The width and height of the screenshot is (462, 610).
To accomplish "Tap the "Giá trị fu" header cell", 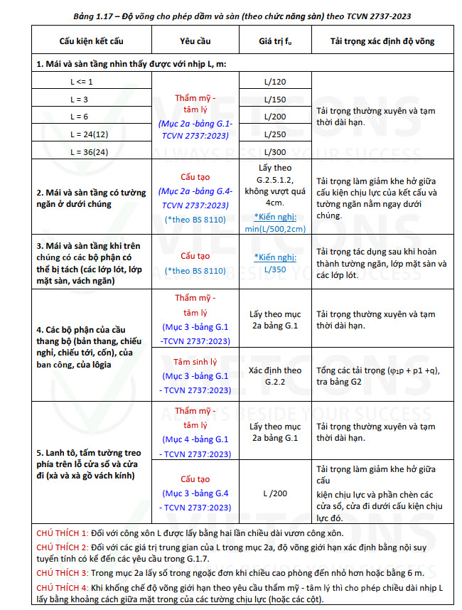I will click(274, 42).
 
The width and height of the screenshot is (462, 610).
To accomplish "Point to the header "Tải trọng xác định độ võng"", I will click(382, 42).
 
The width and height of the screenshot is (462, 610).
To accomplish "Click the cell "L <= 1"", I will click(80, 82).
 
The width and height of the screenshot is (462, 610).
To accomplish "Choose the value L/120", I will click(274, 82).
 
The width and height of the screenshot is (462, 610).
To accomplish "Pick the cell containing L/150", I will click(274, 99).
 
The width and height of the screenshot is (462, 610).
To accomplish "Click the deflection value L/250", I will click(274, 134).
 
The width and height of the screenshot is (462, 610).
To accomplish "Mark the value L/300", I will click(274, 151).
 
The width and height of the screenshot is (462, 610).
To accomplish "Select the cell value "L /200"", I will click(275, 493).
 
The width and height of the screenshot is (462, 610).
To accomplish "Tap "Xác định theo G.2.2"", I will click(275, 375).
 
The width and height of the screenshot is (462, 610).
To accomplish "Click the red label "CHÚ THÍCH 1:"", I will click(61, 533).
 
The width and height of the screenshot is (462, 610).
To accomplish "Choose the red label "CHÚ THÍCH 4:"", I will click(61, 588).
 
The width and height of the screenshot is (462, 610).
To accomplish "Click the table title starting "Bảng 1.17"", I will click(231, 15).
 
